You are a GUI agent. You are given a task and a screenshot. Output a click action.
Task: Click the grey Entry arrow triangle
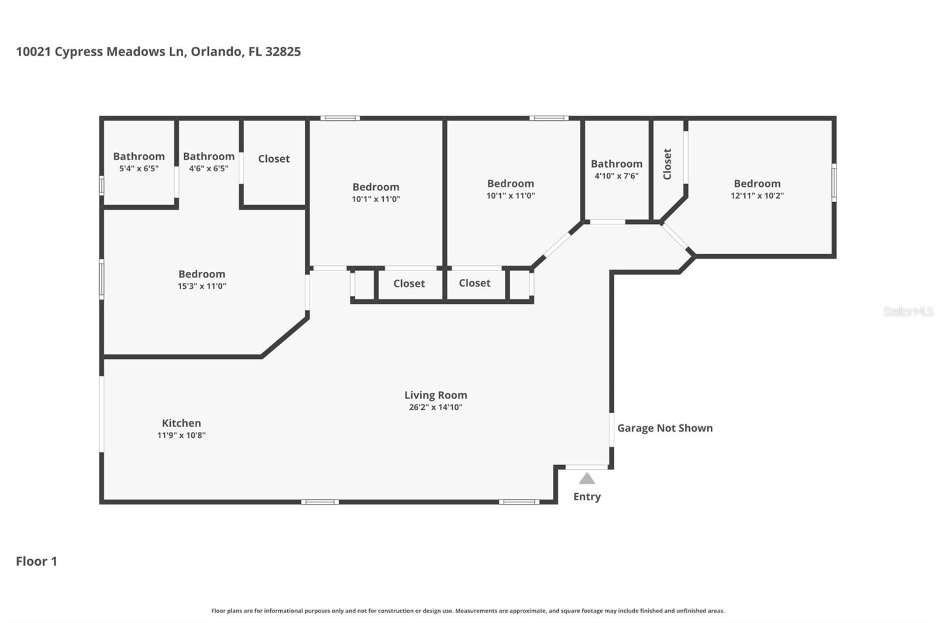point(587,479)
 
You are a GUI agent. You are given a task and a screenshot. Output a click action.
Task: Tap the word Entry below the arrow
point(587,497)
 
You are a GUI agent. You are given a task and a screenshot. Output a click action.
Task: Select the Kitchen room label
point(181,423)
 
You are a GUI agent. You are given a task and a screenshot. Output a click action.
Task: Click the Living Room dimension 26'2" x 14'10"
point(435,407)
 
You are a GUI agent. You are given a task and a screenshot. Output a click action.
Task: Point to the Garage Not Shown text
point(665,428)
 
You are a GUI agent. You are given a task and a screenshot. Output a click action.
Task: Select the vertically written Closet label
point(667,164)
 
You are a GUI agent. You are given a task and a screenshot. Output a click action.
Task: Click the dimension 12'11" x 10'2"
point(757,196)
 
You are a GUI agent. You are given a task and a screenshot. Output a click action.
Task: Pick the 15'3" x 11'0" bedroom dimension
point(202,286)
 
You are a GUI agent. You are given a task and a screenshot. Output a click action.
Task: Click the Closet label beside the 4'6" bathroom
point(274,158)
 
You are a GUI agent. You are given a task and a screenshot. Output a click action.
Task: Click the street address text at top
point(158,51)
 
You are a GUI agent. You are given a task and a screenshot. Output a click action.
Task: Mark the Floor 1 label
point(36,561)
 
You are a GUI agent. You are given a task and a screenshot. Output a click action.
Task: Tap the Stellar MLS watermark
point(908,311)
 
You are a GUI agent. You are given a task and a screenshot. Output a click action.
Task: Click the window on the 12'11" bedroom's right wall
point(834,182)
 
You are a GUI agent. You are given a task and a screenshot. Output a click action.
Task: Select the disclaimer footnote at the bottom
point(467,611)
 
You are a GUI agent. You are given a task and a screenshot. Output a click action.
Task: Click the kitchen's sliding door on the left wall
point(101,414)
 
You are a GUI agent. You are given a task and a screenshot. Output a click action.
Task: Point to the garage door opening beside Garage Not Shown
point(611,430)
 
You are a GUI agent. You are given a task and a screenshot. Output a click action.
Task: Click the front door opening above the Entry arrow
point(587,467)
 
